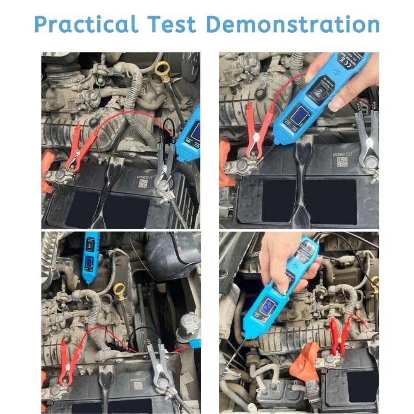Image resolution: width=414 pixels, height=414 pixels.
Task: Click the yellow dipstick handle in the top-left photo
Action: point(162,67)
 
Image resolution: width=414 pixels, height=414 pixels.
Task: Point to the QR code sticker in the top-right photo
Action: point(342,161)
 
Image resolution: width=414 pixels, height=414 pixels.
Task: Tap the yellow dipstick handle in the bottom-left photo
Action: point(119,290)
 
